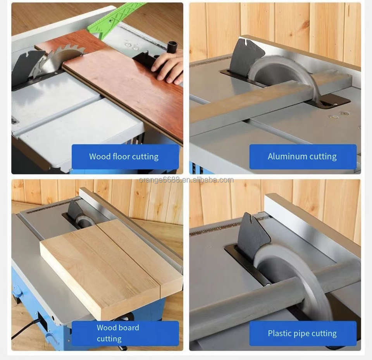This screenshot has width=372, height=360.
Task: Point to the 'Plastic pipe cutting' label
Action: point(302,333)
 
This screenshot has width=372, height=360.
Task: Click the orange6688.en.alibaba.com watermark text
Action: point(186,180)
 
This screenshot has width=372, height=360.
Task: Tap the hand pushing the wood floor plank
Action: point(168,67)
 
